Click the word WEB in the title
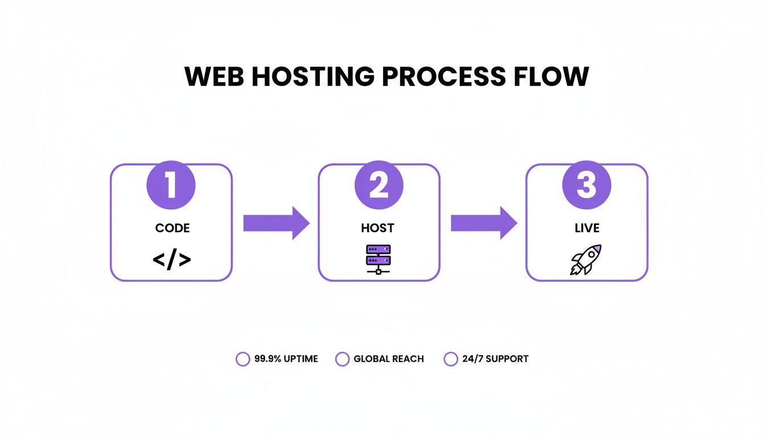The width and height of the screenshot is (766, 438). [214, 77]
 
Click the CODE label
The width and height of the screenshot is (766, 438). [172, 228]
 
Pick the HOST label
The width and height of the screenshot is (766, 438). [377, 228]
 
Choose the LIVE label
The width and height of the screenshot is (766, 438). [587, 228]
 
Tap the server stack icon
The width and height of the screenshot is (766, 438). [378, 259]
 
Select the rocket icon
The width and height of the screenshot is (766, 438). [586, 259]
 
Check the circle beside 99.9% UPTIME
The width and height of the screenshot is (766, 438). [243, 359]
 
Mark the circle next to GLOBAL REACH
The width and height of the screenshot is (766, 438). [342, 359]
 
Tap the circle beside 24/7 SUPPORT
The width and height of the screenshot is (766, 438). [451, 359]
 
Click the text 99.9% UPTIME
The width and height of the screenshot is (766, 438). [286, 359]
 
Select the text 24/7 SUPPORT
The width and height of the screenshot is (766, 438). [495, 359]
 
